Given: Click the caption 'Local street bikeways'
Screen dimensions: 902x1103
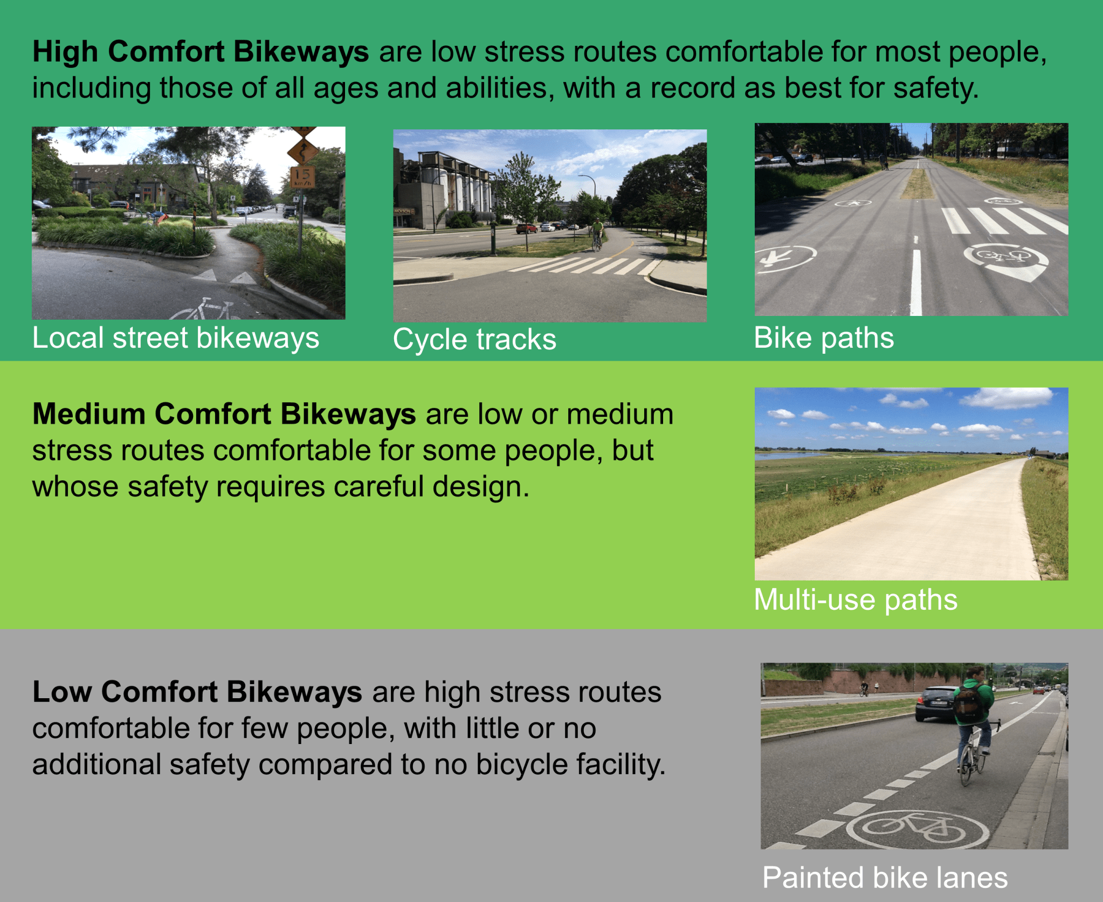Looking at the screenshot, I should coord(175,339).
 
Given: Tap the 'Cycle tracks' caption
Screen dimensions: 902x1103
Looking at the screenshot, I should coord(474,340).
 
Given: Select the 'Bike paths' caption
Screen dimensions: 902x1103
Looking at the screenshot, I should coord(824,338).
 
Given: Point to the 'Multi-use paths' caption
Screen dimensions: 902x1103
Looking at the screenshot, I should coord(856,600).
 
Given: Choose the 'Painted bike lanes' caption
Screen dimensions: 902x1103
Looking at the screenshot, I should coord(885,877).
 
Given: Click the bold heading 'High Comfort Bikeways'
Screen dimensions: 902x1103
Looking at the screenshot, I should coord(201,52).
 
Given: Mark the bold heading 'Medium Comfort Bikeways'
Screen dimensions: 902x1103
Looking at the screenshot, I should coord(224,414).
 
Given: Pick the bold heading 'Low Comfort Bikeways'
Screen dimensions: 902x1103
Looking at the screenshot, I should coord(197,692).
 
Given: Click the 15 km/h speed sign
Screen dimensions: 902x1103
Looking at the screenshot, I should coord(302,176).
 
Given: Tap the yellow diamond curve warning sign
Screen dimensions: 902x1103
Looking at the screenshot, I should coord(302,150).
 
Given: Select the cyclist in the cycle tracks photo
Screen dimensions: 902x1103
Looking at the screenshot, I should coord(597,233).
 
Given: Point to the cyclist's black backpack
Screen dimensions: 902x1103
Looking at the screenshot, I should coord(969,704).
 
